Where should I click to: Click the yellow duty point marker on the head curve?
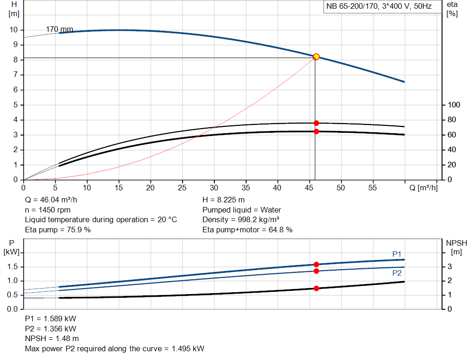(x=316, y=57)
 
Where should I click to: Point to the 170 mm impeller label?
(x=59, y=30)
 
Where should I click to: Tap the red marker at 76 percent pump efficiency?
(x=316, y=123)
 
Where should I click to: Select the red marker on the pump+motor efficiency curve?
(x=316, y=131)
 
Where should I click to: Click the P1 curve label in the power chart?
(x=397, y=254)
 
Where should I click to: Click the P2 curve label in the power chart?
(x=397, y=273)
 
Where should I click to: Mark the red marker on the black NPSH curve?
(x=316, y=288)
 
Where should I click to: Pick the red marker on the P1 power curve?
(x=316, y=265)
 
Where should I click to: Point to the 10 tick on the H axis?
(x=13, y=30)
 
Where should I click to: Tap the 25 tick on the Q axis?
(x=183, y=188)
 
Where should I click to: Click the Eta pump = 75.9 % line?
(x=58, y=230)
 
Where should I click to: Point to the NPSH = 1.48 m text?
(x=49, y=339)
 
